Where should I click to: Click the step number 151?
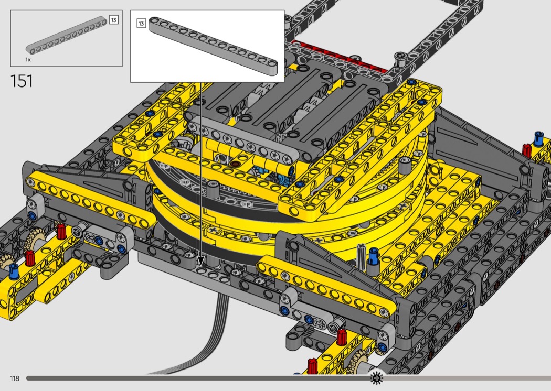[22, 81]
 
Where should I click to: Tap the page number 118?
[15, 378]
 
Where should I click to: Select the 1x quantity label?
[28, 60]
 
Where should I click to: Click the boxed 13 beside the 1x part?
[113, 20]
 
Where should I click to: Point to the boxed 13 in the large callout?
[141, 24]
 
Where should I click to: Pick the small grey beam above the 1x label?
[67, 35]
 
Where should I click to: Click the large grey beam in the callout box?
[213, 46]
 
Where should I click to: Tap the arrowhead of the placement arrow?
[200, 260]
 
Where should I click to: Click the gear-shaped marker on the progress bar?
[376, 378]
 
